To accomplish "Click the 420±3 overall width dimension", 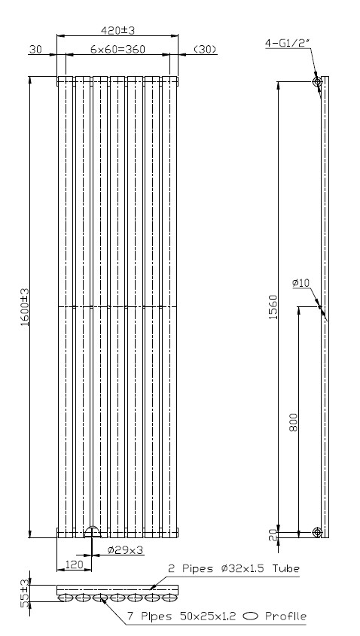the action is point(117,30).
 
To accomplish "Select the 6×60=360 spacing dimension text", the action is point(117,50).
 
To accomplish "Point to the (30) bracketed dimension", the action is point(205,50).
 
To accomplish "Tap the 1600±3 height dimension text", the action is point(25,307).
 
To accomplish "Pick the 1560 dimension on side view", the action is point(273,306).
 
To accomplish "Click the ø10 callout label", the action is point(301,282).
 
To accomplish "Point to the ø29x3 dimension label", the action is point(126,550).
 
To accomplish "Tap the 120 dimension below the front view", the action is point(74,564).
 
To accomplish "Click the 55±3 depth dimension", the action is point(25,592).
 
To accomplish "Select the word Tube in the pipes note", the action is point(285,568).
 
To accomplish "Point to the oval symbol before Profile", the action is point(250,617).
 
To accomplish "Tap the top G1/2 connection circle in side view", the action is point(317,81).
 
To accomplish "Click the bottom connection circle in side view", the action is point(317,532).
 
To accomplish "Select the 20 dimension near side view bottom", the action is point(273,535).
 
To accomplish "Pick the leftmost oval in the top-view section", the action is point(65,597).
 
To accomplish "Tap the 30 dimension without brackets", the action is point(35,50).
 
